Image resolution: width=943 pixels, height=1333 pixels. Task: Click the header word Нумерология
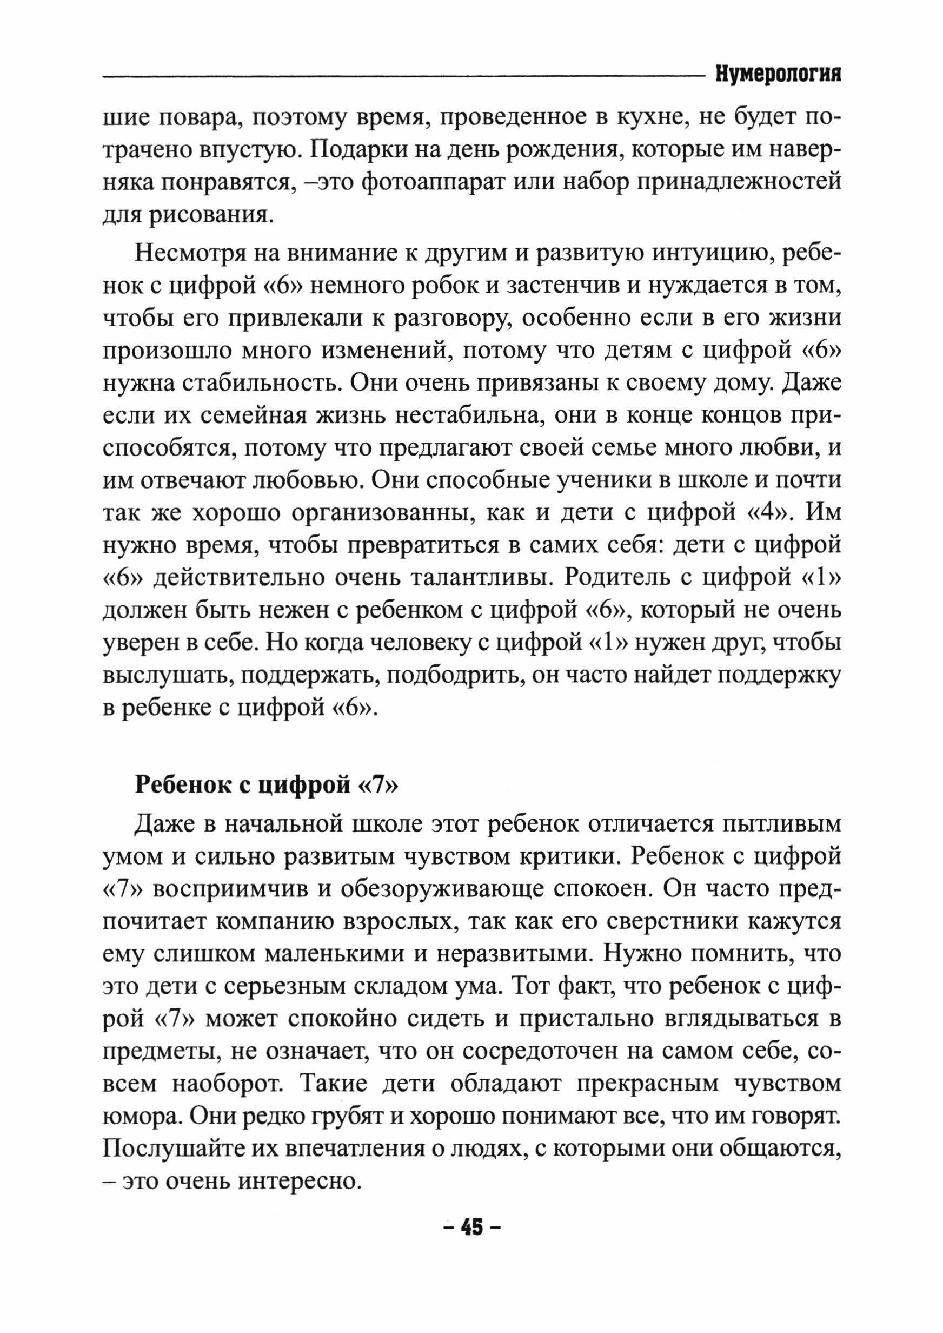point(778,76)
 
